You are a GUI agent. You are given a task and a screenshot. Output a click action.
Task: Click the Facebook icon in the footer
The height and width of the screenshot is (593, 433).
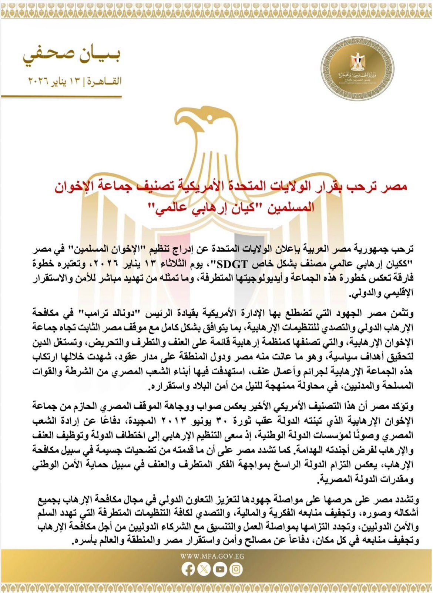[x=188, y=569]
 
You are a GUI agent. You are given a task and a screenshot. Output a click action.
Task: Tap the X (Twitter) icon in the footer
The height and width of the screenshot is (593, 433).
[x=204, y=569]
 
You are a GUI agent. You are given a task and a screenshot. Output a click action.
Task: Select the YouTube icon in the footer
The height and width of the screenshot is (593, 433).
[x=220, y=569]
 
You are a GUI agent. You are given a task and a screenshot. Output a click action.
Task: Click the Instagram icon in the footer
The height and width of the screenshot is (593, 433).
[x=236, y=569]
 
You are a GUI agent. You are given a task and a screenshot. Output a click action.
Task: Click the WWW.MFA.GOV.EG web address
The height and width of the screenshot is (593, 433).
[x=212, y=556]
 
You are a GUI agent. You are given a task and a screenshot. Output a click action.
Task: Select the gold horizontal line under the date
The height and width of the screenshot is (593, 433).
[x=61, y=96]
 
